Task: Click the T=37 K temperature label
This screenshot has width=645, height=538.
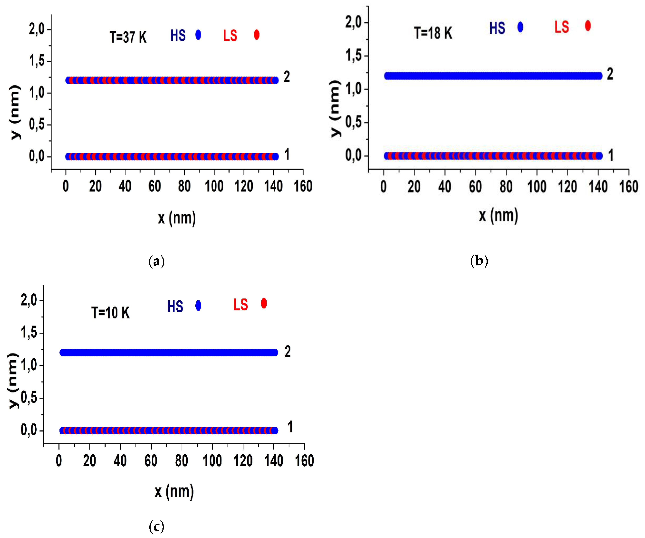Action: click(x=128, y=37)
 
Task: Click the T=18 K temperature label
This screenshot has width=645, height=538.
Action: click(x=433, y=33)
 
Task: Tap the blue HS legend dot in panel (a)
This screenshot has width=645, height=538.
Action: click(x=198, y=35)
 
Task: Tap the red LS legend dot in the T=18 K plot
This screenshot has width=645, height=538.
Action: click(x=588, y=26)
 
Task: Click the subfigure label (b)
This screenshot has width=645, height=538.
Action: click(x=479, y=261)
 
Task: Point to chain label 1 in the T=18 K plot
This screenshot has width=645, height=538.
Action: click(x=611, y=155)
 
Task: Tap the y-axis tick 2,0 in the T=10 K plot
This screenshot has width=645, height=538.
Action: click(x=29, y=300)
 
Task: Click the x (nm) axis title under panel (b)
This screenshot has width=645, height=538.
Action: click(x=498, y=215)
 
